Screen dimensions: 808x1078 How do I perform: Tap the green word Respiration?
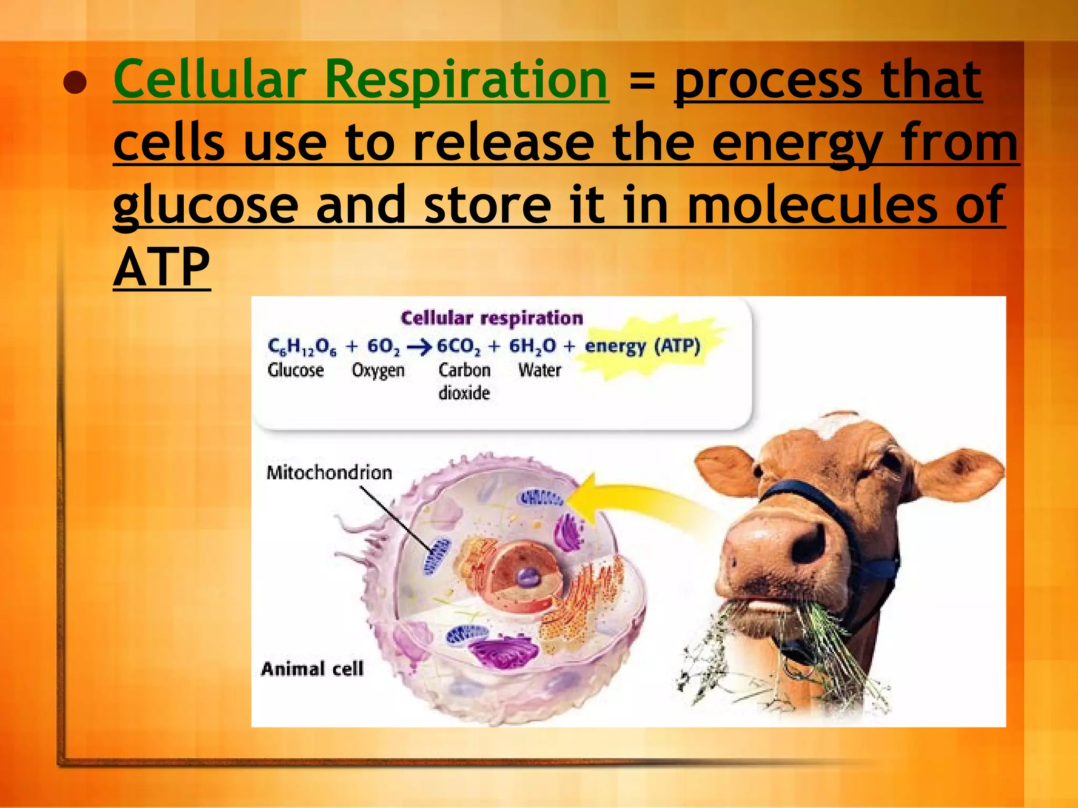(466, 80)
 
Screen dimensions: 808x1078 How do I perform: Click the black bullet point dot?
(75, 83)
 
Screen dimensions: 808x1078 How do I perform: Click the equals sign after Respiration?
(642, 82)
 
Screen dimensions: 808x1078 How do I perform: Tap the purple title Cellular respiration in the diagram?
(492, 318)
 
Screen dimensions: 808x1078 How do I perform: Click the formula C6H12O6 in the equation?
(302, 346)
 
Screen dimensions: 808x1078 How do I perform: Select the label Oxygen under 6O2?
(378, 370)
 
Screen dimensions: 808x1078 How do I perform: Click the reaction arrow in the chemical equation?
(419, 347)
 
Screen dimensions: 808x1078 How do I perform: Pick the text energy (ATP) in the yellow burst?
(643, 346)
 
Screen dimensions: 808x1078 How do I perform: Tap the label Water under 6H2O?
(540, 370)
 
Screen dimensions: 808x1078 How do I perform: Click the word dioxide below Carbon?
(464, 393)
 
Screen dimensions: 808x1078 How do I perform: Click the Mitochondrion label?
(329, 472)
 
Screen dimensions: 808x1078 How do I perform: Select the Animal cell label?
(312, 669)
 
